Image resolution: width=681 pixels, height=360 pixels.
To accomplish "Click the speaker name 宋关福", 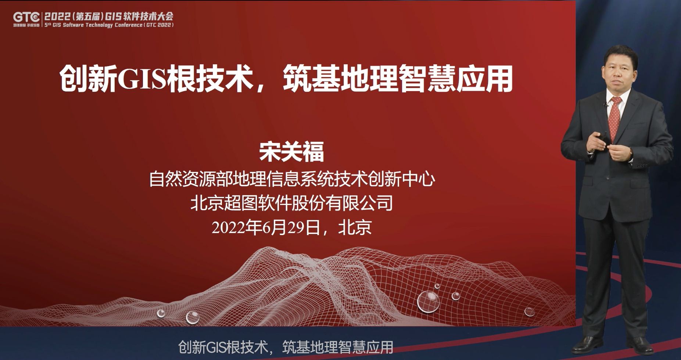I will pos(291,152).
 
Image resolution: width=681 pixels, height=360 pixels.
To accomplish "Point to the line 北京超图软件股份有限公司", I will pos(291,203).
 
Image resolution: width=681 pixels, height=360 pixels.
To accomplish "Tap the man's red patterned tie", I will pos(614,118).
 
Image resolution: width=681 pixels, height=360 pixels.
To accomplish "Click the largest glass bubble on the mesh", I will pos(429,302).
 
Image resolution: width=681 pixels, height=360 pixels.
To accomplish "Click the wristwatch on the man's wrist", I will pos(631,152).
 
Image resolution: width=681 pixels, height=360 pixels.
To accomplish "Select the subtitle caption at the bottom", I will pos(286,347).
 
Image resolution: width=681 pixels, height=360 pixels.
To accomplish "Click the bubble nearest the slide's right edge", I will pos(529,312).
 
